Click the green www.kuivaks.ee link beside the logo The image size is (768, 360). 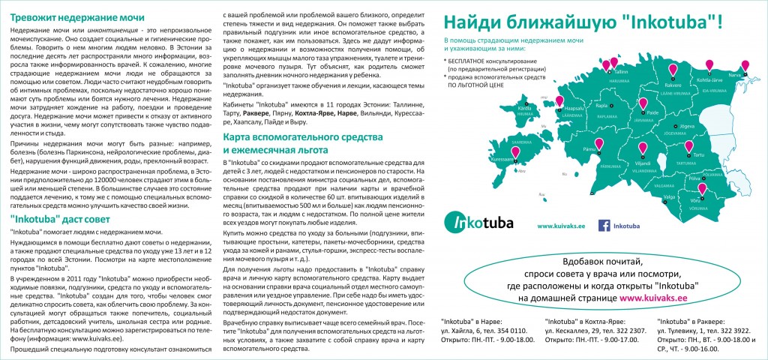(562, 225)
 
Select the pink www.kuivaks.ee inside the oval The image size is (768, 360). (653, 298)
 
